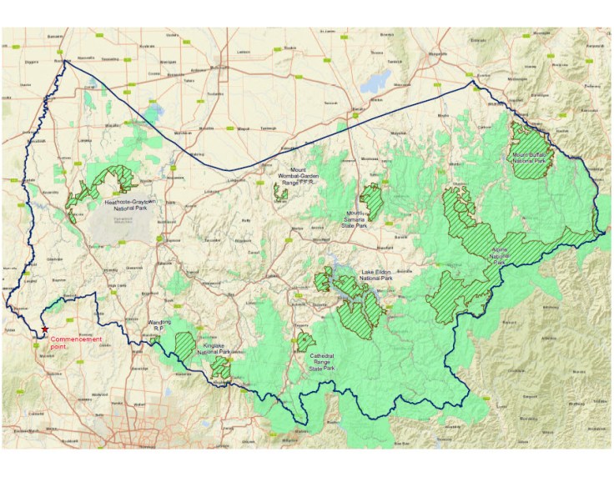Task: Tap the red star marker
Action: (x=45, y=331)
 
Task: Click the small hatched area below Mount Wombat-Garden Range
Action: (x=281, y=193)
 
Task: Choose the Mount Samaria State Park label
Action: (x=360, y=219)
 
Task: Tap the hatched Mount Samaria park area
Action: (x=371, y=201)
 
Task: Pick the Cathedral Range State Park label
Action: (x=321, y=361)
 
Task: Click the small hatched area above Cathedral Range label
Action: (x=306, y=341)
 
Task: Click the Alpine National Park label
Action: (x=498, y=258)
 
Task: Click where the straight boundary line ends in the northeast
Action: (x=473, y=82)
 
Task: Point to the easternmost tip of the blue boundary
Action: (x=606, y=231)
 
